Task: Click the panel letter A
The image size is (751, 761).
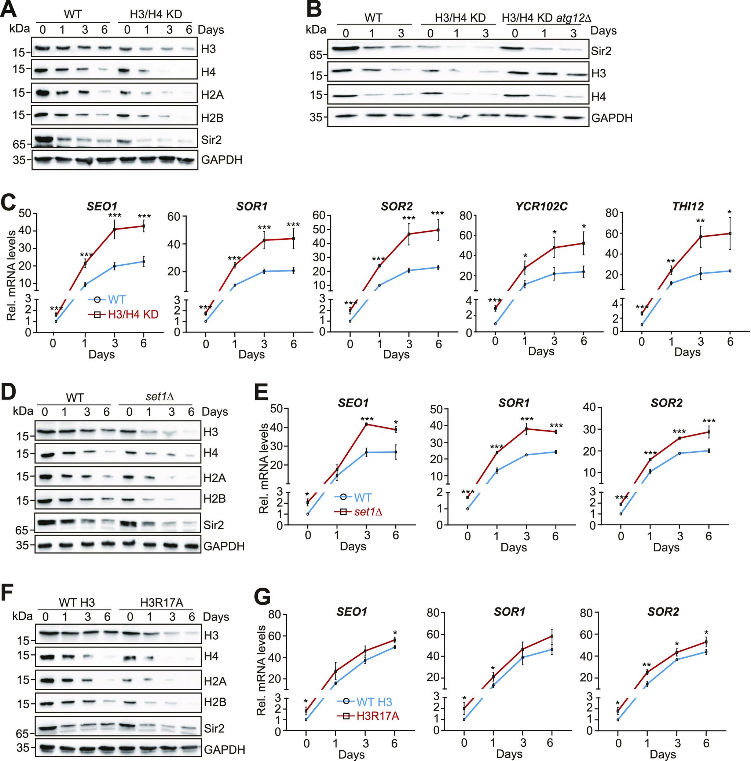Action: coord(9,9)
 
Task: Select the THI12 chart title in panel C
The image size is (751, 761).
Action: coord(688,206)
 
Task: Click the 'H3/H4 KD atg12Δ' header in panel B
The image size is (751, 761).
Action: coord(546,18)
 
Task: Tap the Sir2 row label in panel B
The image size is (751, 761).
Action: coord(601,51)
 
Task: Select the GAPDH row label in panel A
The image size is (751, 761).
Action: coord(221,159)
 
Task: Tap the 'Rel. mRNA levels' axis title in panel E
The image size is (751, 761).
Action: coord(264,469)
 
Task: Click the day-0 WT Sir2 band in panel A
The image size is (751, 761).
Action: coord(44,139)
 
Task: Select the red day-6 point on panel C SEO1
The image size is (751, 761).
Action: coord(143,226)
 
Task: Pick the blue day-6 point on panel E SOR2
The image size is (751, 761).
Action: coord(708,451)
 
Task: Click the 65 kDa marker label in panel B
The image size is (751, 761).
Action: coord(315,55)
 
